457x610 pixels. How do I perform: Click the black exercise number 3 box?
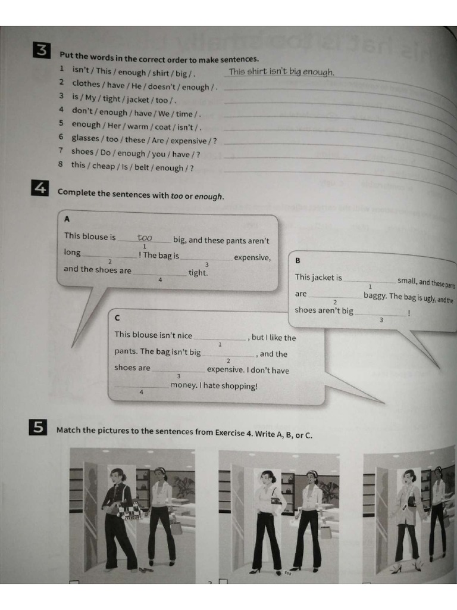point(42,51)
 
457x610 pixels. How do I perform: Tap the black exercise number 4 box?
point(39,189)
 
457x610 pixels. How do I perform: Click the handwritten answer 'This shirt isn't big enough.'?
point(281,72)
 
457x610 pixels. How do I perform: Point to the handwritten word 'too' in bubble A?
point(145,238)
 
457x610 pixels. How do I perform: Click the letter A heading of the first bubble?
point(67,219)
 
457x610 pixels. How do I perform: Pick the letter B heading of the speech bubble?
point(298,260)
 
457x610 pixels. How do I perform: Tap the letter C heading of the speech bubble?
point(118,318)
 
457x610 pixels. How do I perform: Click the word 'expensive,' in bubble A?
point(252,258)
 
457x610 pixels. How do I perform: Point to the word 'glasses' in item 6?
point(85,138)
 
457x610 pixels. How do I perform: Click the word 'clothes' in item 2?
point(86,84)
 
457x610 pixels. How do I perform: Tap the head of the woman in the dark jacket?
point(117,476)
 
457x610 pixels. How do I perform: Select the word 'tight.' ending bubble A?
point(198,273)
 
